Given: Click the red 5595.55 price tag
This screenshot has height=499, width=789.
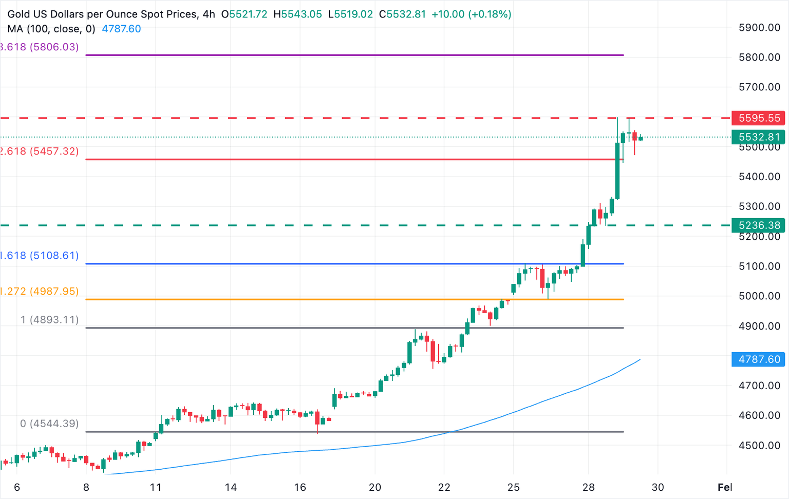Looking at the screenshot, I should tap(759, 118).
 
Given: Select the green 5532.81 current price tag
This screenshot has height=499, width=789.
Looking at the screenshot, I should tap(759, 137).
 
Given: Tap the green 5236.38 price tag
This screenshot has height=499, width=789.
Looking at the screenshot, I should tap(759, 225).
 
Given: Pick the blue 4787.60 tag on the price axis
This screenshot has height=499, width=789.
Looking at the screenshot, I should tap(759, 359).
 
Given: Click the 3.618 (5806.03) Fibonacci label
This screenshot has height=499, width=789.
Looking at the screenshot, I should tap(40, 47).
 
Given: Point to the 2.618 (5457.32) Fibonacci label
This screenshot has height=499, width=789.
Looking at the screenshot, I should tap(40, 151).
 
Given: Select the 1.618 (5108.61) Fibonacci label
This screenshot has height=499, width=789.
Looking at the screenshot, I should tap(40, 256).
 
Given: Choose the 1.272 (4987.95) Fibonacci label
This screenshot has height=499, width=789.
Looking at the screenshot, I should tap(40, 292).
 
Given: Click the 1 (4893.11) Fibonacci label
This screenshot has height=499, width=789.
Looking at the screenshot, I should tap(49, 320).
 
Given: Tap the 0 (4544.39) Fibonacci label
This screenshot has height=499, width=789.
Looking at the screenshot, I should tap(49, 424).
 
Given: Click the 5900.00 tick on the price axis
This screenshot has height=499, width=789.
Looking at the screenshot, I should tap(759, 28).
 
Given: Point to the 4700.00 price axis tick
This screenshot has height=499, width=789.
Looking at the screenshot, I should tap(759, 386).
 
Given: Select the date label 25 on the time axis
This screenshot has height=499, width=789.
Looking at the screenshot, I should tap(514, 487).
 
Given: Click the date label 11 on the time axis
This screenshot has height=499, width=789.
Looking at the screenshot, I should tap(156, 487).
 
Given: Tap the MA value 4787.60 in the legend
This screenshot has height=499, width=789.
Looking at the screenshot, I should tap(121, 29).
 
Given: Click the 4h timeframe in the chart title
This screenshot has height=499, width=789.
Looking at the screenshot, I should tap(209, 14).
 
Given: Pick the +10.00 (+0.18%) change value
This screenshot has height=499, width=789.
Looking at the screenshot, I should tap(471, 14).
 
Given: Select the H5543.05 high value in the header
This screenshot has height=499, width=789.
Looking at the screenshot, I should tap(297, 14).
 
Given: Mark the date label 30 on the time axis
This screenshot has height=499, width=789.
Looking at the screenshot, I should tap(657, 487).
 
